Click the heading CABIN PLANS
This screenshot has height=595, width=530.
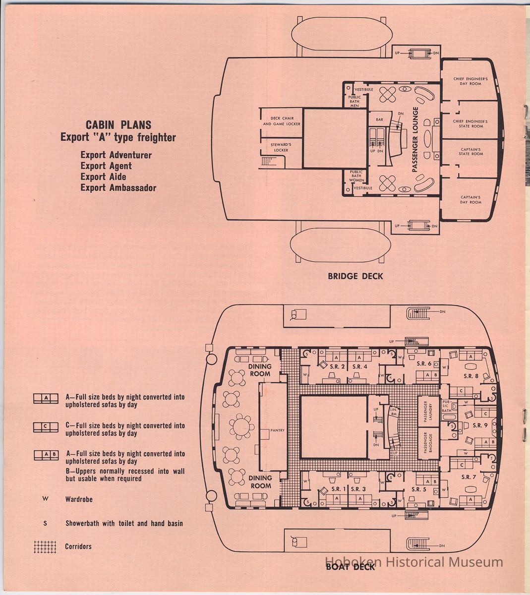[x=118, y=125]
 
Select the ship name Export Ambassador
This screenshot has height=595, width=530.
[x=118, y=188]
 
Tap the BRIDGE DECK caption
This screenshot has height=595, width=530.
[x=355, y=276]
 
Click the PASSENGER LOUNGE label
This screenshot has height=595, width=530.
[x=415, y=139]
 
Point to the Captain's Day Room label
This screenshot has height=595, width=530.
[x=471, y=199]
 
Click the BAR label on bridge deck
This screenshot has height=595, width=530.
[x=379, y=119]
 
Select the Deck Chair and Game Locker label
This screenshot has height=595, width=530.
[x=282, y=121]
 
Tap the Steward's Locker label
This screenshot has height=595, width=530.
[x=280, y=147]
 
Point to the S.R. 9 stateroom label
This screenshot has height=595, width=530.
[x=480, y=425]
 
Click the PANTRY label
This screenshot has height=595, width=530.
[x=277, y=430]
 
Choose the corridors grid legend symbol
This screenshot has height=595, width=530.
[x=45, y=546]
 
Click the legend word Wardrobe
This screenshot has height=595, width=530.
[x=79, y=499]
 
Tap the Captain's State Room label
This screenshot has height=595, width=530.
[x=471, y=152]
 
